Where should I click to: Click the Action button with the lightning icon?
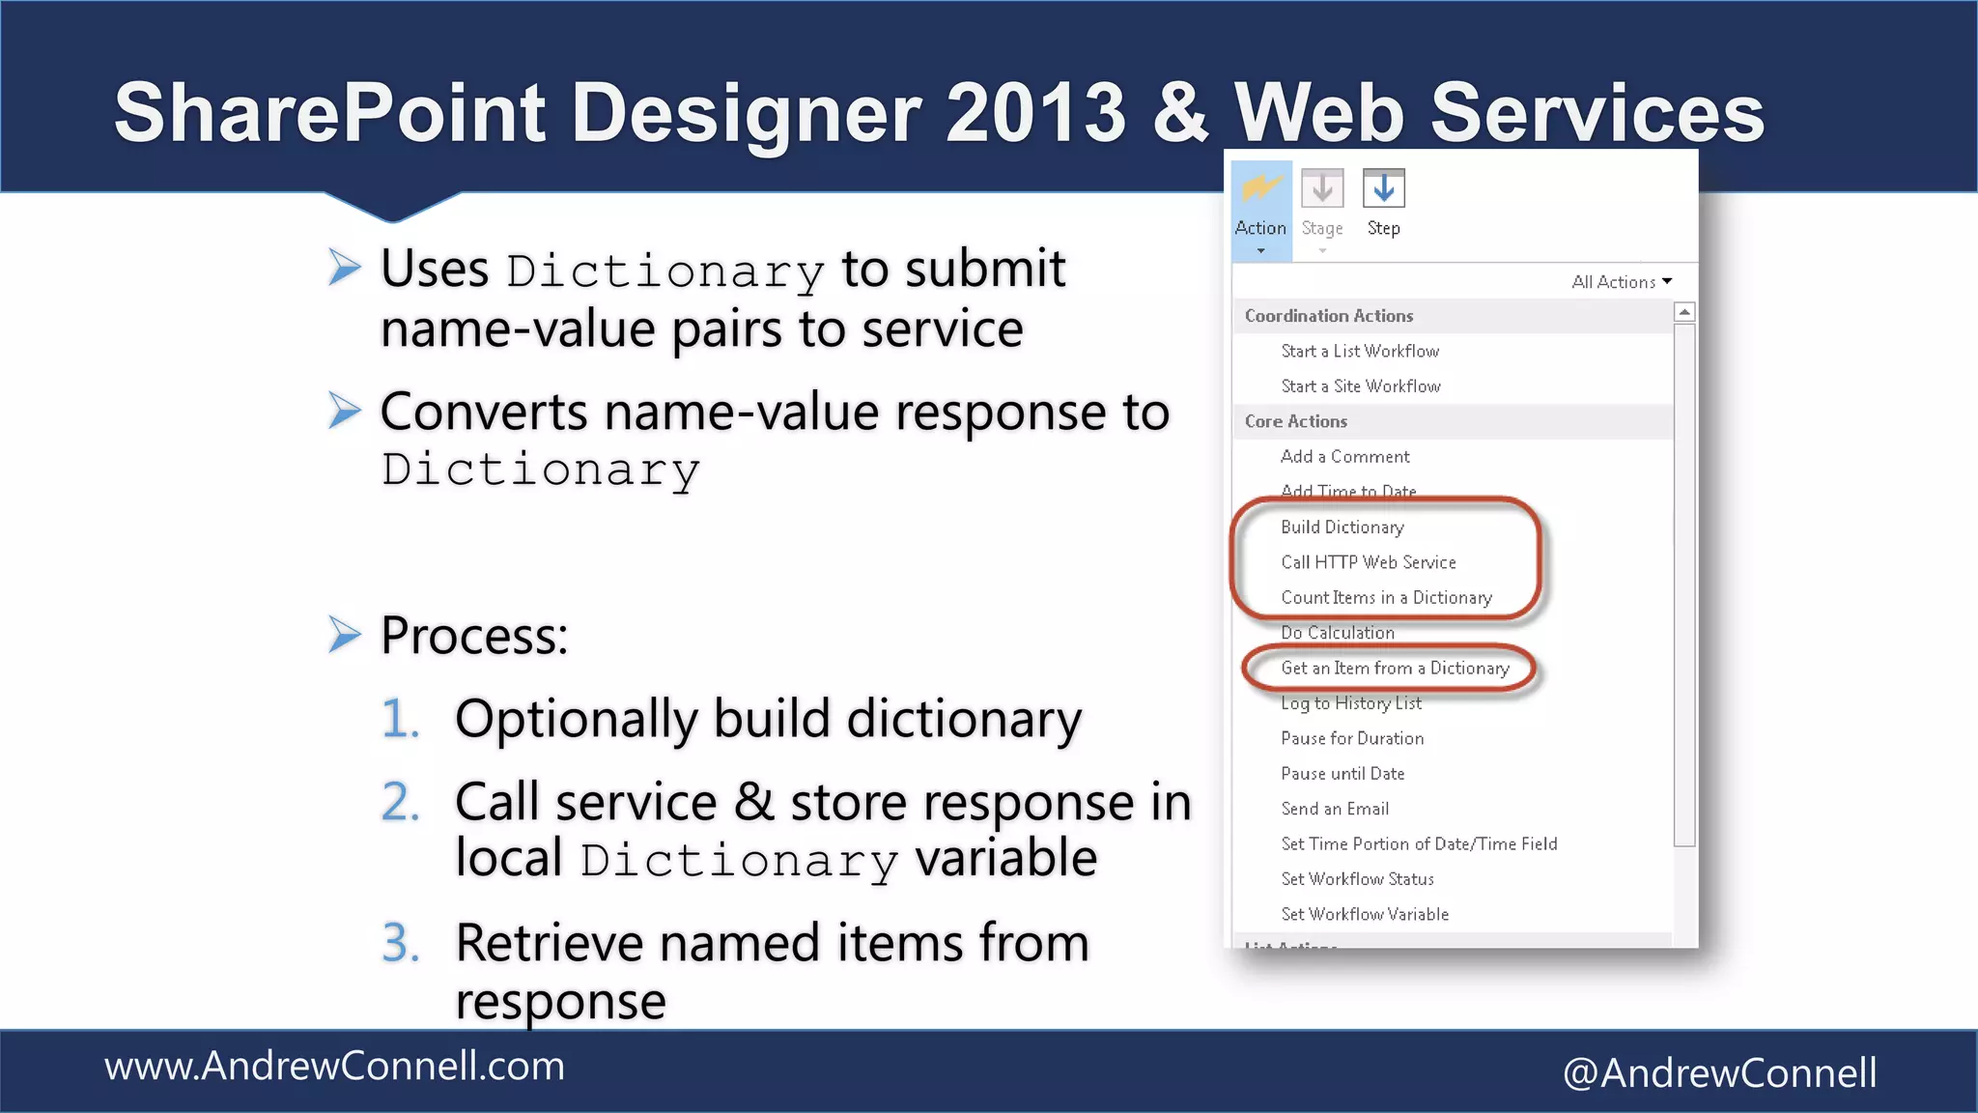click(1260, 208)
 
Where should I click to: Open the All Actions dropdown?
click(1622, 282)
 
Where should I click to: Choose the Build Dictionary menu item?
click(1342, 528)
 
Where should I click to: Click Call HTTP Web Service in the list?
click(1368, 562)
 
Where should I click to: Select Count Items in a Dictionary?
click(1386, 598)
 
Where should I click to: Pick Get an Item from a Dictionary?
click(1395, 669)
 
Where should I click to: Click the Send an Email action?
click(1335, 809)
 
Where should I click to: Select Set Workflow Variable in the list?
click(1365, 914)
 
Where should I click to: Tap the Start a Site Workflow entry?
click(1360, 386)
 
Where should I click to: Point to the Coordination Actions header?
click(1328, 316)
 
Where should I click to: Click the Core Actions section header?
click(1295, 421)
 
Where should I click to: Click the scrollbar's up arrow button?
click(1684, 312)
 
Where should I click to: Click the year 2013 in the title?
click(1035, 113)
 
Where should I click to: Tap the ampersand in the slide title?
click(1180, 113)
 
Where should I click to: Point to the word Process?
click(473, 636)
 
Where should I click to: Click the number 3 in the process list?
click(400, 943)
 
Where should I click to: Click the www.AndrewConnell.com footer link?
click(334, 1067)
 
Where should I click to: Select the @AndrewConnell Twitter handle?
click(1719, 1072)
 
